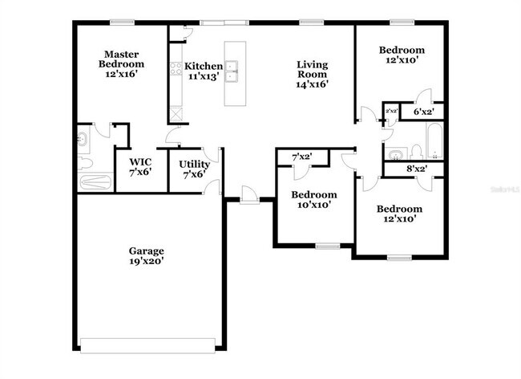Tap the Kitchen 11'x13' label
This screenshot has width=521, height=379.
coord(204,71)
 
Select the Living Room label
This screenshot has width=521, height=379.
coord(312,73)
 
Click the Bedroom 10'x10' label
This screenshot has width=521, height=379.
coord(313,200)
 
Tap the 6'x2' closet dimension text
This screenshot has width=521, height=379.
coord(422,112)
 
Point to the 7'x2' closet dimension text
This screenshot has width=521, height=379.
coord(301,157)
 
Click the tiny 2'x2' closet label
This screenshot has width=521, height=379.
coord(392,112)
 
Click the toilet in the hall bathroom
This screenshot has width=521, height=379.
coord(416,150)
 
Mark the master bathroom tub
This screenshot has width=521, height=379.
coord(95,181)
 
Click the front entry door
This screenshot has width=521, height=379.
coord(248,195)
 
